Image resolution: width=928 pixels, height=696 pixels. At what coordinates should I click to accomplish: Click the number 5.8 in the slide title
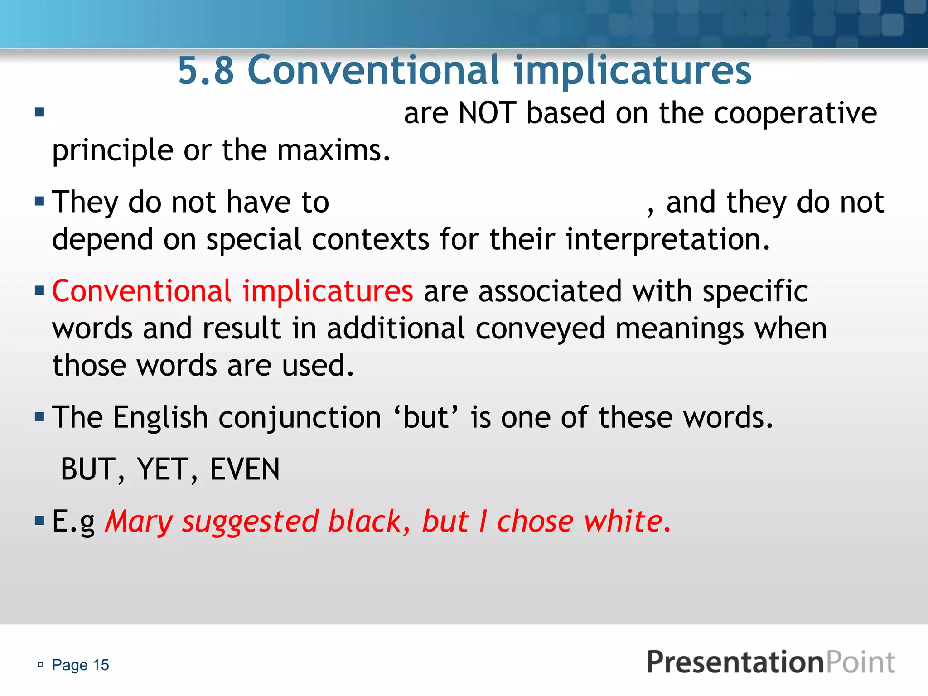click(206, 71)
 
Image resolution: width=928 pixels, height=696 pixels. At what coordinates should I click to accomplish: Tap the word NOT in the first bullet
click(487, 113)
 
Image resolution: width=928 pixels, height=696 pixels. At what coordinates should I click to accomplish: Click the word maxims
click(333, 150)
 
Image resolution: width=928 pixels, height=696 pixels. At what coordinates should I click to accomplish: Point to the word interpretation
click(668, 239)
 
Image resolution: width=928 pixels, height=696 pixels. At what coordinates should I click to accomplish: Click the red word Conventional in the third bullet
click(142, 291)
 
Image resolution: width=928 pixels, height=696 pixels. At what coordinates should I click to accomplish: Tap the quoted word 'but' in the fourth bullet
click(426, 417)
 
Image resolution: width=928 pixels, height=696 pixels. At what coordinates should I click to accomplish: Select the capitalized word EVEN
click(245, 469)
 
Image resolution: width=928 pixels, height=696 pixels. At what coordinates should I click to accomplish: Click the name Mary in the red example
click(139, 522)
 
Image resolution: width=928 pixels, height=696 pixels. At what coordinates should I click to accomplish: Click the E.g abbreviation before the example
click(73, 522)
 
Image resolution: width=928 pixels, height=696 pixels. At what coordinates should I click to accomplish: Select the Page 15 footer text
click(80, 665)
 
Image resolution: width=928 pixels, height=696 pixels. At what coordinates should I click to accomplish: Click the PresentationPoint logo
click(771, 662)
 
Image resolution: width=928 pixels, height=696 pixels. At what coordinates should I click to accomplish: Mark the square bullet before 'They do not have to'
click(39, 201)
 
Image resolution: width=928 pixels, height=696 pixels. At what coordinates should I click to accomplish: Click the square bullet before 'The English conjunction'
click(39, 416)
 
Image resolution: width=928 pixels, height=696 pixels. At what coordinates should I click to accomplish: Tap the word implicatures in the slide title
click(633, 71)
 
